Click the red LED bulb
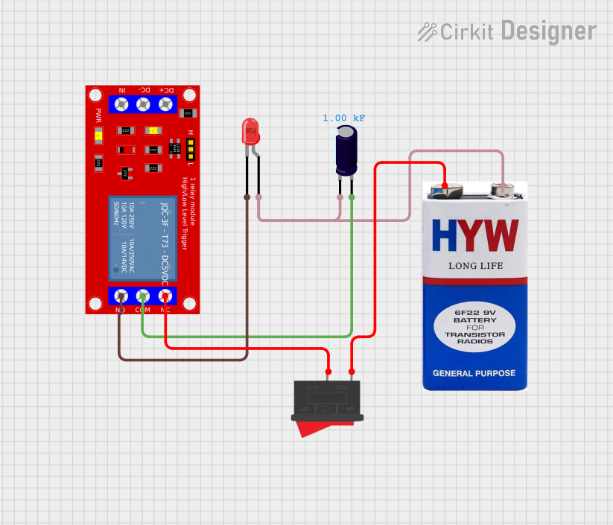point(251,132)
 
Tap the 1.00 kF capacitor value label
point(343,118)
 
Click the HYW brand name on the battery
point(475,235)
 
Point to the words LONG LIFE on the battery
point(475,266)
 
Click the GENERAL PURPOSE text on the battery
point(474,373)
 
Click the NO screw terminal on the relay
point(121,296)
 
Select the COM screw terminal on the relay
point(142,296)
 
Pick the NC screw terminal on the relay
point(165,296)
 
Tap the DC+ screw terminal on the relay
point(167,104)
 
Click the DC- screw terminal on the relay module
point(144,104)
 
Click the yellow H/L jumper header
point(191,149)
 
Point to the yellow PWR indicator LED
point(98,136)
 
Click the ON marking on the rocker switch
point(348,409)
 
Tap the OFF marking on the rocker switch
point(304,410)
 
